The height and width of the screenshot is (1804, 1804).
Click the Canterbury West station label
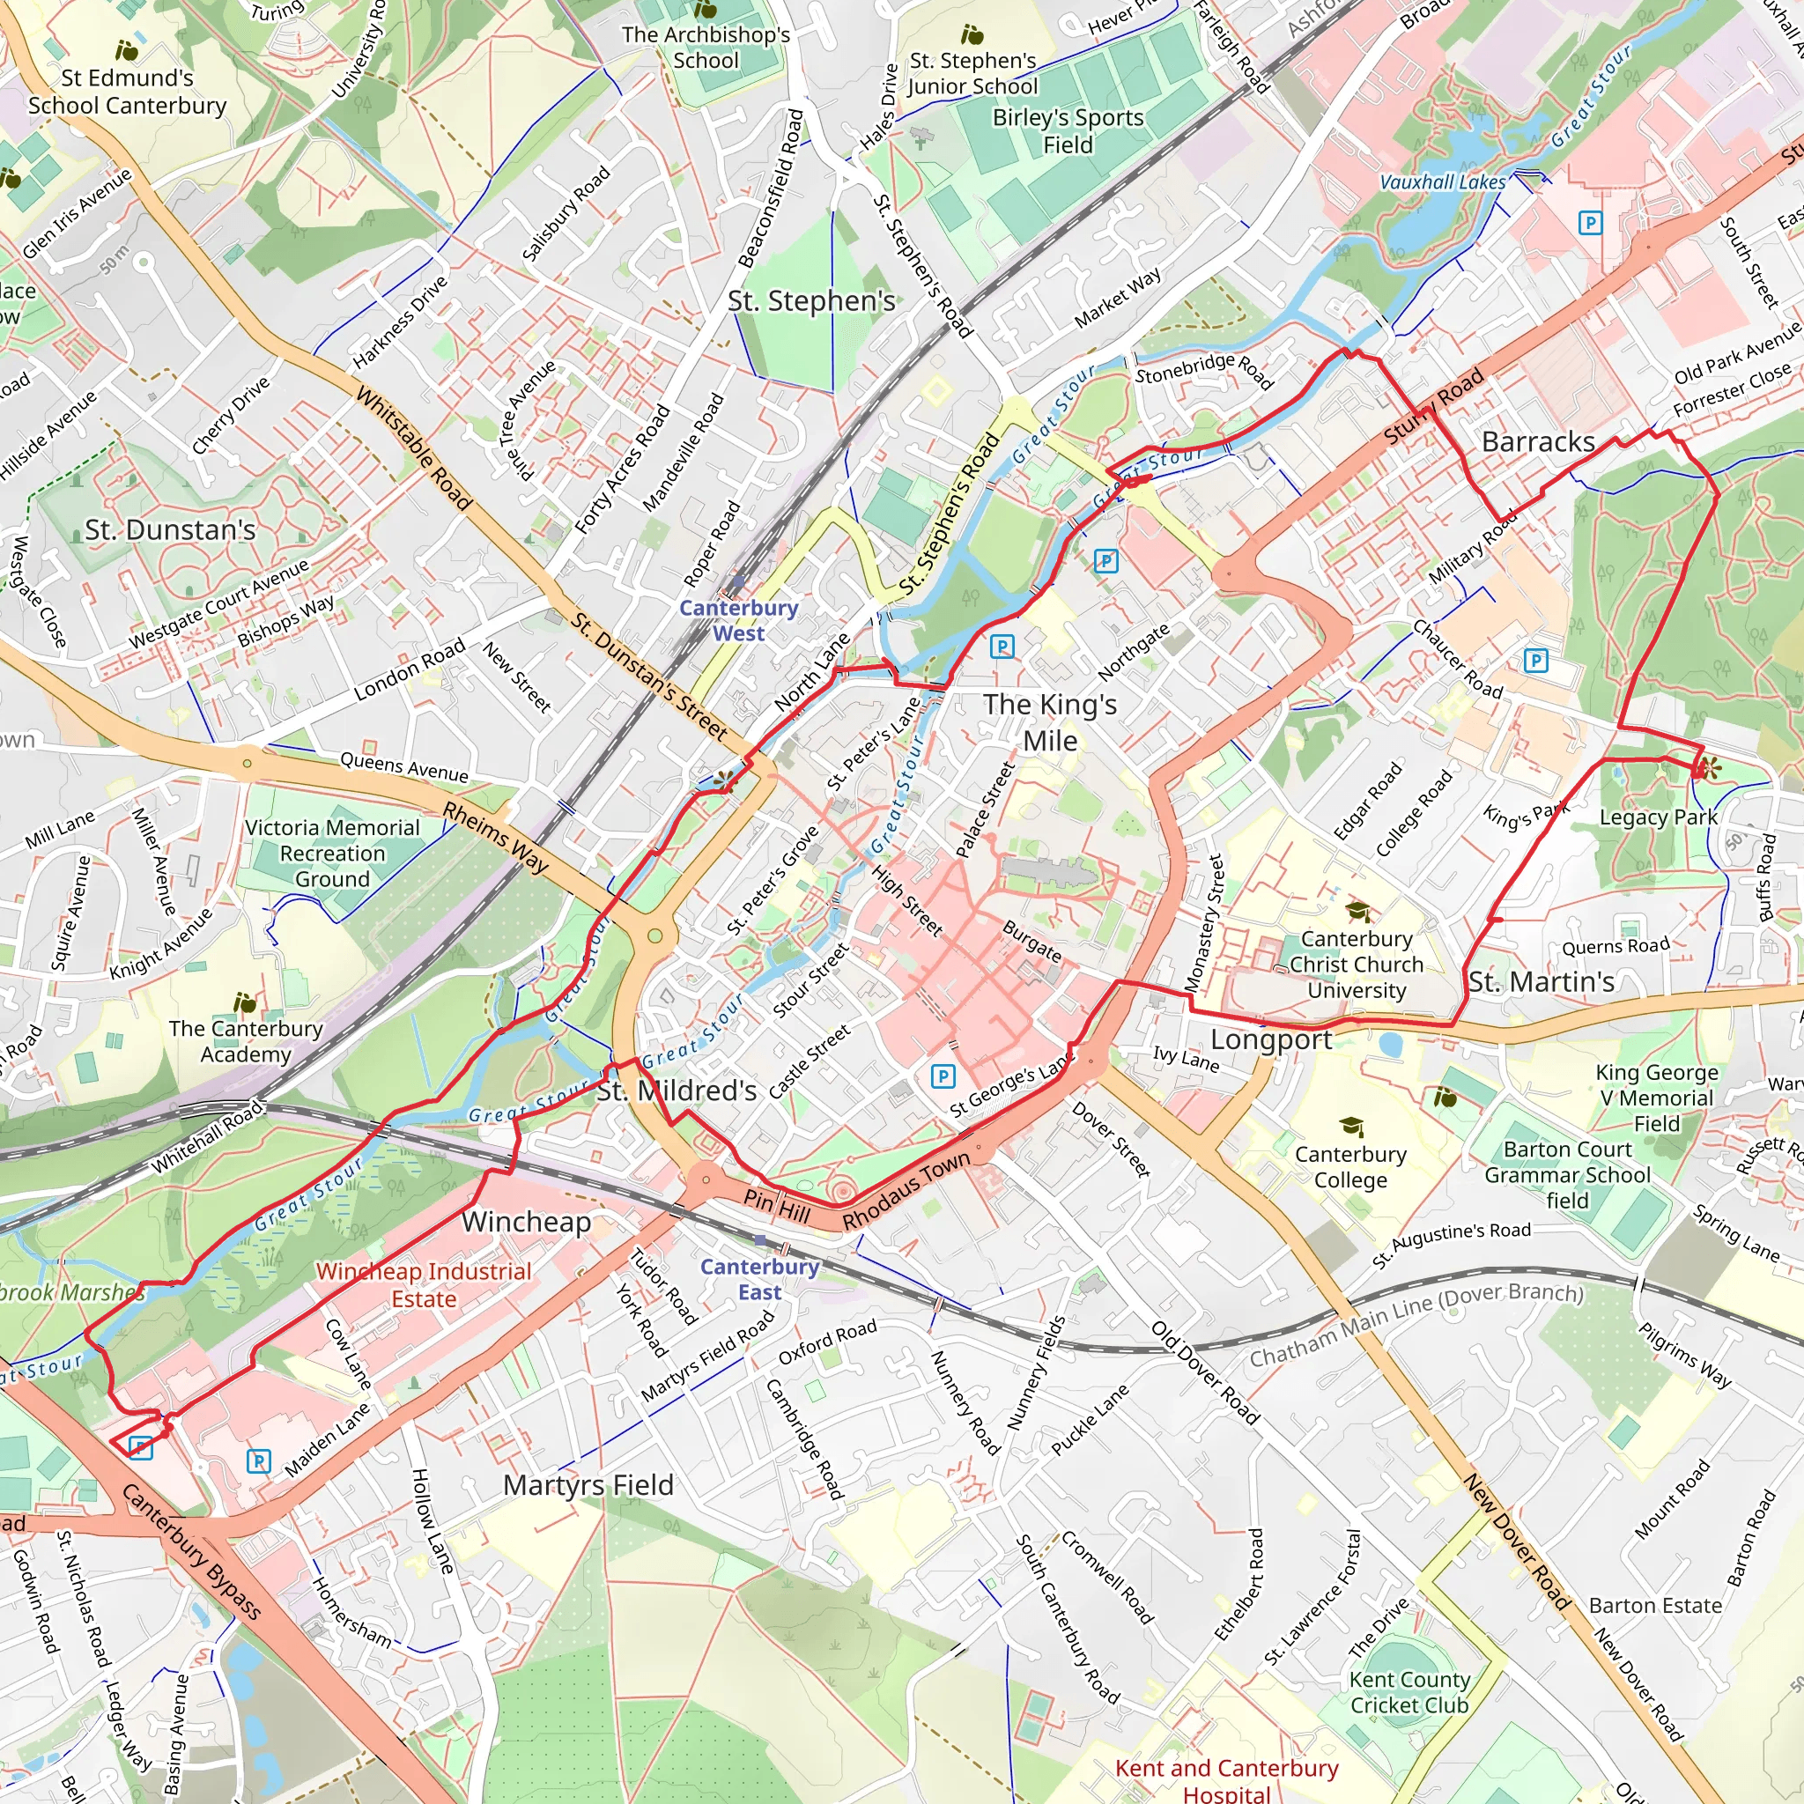(x=738, y=620)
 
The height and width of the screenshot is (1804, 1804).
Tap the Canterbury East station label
(x=759, y=1279)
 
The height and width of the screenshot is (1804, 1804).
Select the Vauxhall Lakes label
(x=1443, y=183)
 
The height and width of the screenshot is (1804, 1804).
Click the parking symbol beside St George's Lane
(x=943, y=1076)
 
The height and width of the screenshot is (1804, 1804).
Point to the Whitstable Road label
(x=415, y=448)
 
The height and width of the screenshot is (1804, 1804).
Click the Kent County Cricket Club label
(x=1409, y=1692)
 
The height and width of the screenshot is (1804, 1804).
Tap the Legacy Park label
(x=1659, y=817)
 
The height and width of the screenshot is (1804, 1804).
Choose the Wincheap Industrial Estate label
(x=423, y=1285)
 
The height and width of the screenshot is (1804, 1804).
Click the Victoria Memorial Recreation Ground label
(x=332, y=853)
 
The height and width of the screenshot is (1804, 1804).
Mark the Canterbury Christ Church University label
(x=1356, y=965)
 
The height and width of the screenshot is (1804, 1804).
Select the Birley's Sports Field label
(x=1068, y=130)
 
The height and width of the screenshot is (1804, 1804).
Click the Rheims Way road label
(x=496, y=837)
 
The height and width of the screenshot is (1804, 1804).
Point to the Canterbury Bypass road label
(x=191, y=1552)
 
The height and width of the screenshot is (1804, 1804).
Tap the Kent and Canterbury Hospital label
(x=1226, y=1779)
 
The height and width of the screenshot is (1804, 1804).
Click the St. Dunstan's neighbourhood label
(x=170, y=530)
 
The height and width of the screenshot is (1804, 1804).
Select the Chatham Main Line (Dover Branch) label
(x=1416, y=1324)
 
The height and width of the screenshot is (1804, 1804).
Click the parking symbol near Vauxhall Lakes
(x=1589, y=222)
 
